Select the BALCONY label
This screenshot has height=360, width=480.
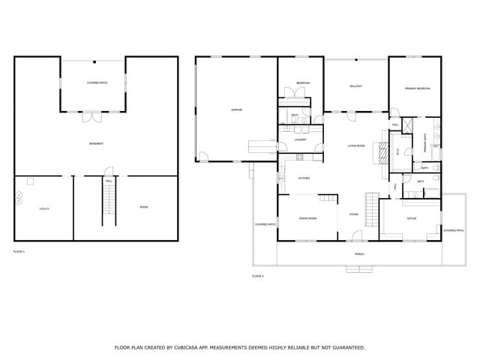tap(355, 86)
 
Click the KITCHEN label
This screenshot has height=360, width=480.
tap(304, 178)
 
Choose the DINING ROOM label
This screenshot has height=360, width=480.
tap(307, 218)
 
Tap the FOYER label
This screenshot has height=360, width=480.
tap(353, 214)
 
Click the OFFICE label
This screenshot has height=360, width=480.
tap(412, 218)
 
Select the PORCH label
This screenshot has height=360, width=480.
tap(360, 254)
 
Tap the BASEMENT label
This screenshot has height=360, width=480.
tap(96, 143)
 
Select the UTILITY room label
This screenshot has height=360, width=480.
tap(44, 208)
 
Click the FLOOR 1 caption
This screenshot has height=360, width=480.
tap(19, 250)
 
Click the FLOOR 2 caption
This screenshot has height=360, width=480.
tap(258, 276)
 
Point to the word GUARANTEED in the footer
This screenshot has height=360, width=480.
tap(345, 347)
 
